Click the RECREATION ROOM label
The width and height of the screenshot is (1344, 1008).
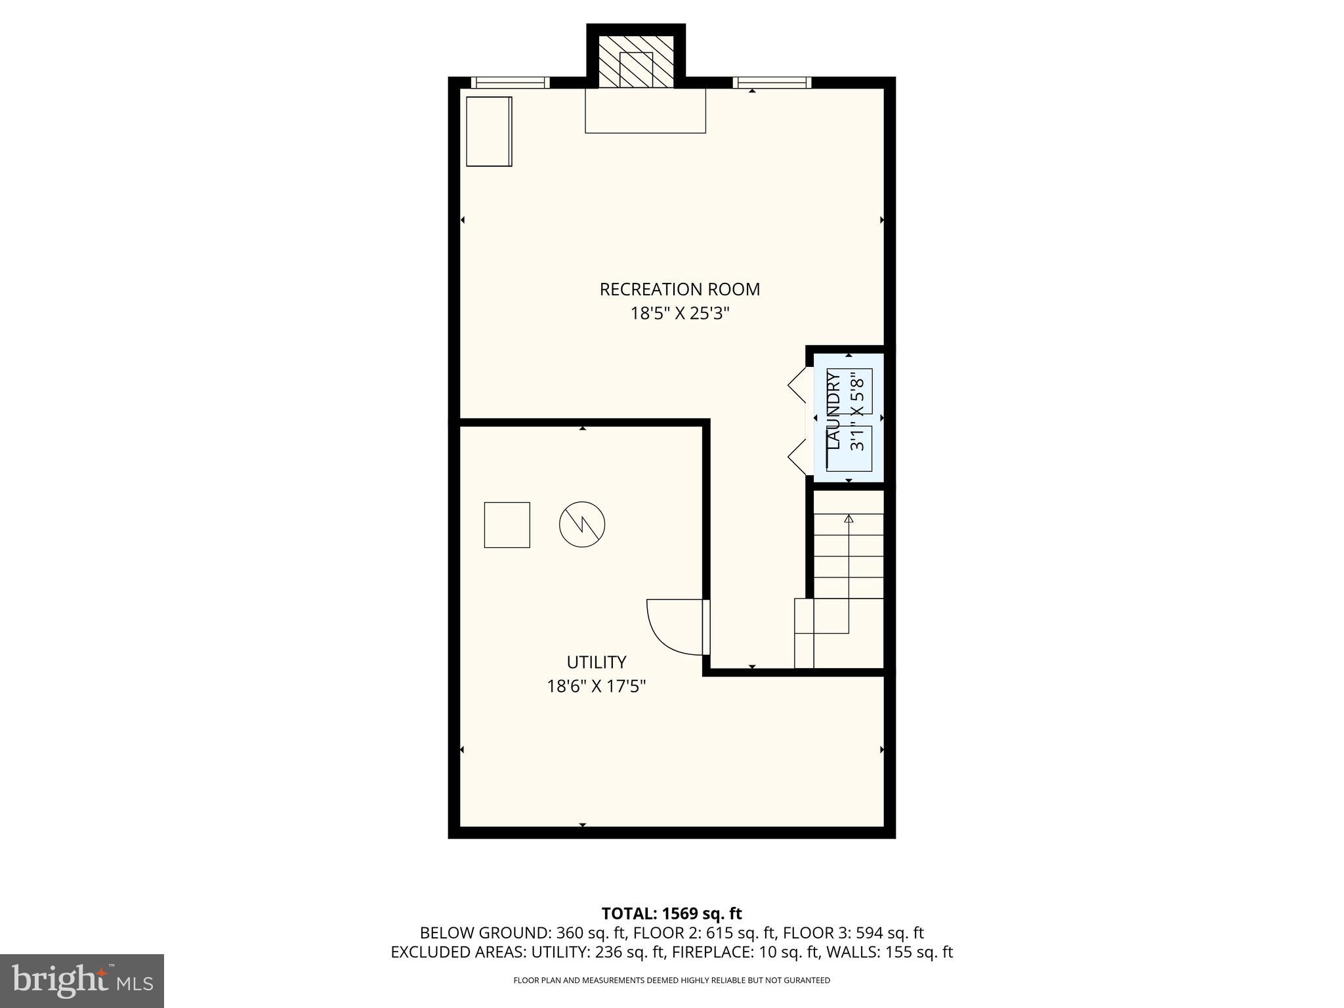pyautogui.click(x=679, y=289)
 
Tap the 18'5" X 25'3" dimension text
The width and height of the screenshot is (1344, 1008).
pyautogui.click(x=679, y=314)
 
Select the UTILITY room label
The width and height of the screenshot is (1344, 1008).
pyautogui.click(x=596, y=661)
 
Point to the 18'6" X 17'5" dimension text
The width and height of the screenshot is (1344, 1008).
pyautogui.click(x=596, y=686)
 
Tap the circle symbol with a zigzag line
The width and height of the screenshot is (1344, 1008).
pyautogui.click(x=581, y=524)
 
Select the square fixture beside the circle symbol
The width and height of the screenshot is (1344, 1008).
pyautogui.click(x=507, y=524)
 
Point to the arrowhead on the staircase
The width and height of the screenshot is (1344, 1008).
pyautogui.click(x=849, y=518)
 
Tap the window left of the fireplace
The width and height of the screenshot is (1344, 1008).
pyautogui.click(x=510, y=83)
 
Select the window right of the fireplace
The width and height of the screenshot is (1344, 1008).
pyautogui.click(x=772, y=83)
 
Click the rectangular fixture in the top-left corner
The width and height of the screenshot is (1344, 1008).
pyautogui.click(x=489, y=131)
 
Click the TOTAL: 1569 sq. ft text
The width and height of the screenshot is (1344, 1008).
pyautogui.click(x=671, y=913)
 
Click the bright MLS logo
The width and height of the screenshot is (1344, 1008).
pyautogui.click(x=82, y=981)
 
